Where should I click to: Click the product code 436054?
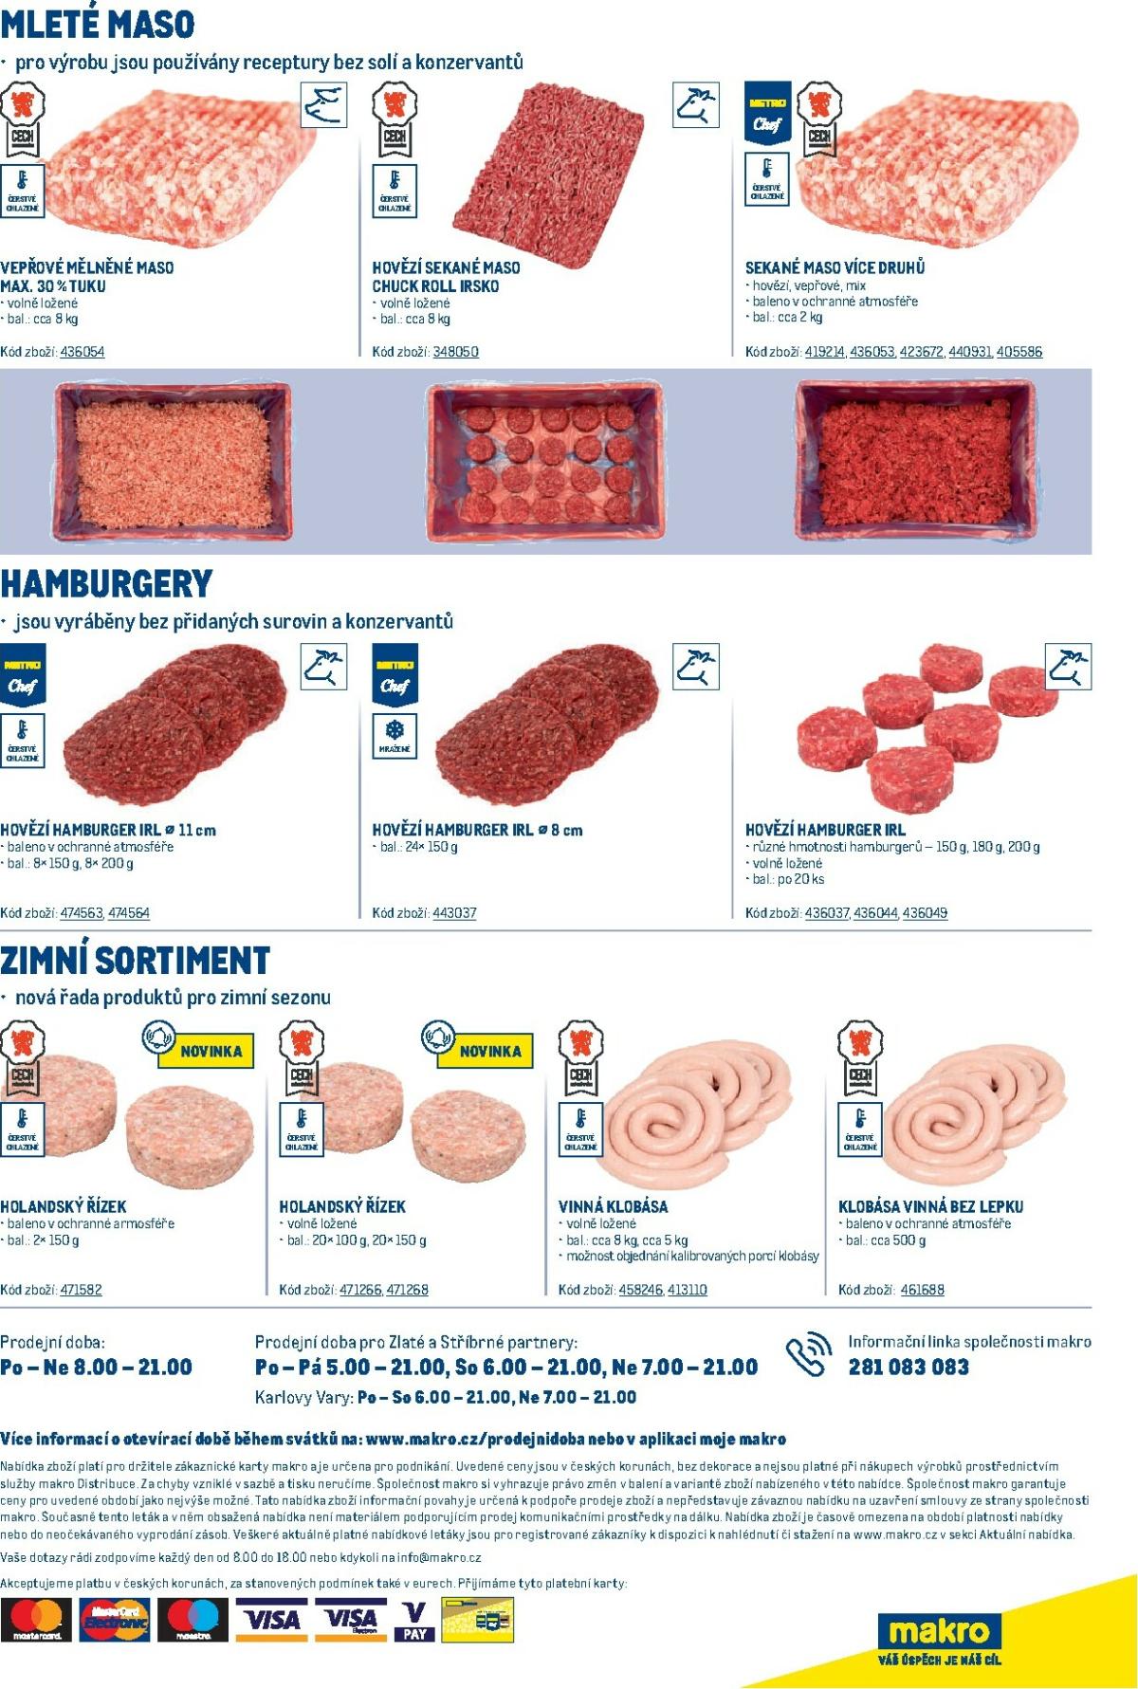pyautogui.click(x=82, y=352)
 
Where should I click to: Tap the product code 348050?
pyautogui.click(x=455, y=352)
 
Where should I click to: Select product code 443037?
pyautogui.click(x=454, y=913)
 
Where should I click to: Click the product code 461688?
pyautogui.click(x=922, y=1290)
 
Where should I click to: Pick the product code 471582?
pyautogui.click(x=81, y=1290)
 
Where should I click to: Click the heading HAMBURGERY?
pyautogui.click(x=106, y=583)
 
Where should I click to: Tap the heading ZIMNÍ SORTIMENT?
pyautogui.click(x=135, y=960)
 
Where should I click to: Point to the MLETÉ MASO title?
pyautogui.click(x=98, y=23)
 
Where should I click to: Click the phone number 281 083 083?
pyautogui.click(x=909, y=1368)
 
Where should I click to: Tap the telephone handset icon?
pyautogui.click(x=807, y=1356)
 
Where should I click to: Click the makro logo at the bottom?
pyautogui.click(x=939, y=1633)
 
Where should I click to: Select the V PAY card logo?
pyautogui.click(x=414, y=1621)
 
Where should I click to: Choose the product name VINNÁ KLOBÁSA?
pyautogui.click(x=613, y=1207)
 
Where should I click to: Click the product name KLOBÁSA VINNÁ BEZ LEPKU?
pyautogui.click(x=930, y=1207)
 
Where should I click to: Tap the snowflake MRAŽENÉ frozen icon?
pyautogui.click(x=395, y=735)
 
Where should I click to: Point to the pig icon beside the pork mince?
pyautogui.click(x=323, y=104)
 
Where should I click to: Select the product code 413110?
pyautogui.click(x=687, y=1290)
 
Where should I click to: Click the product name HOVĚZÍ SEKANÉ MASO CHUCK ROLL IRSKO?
pyautogui.click(x=446, y=277)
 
